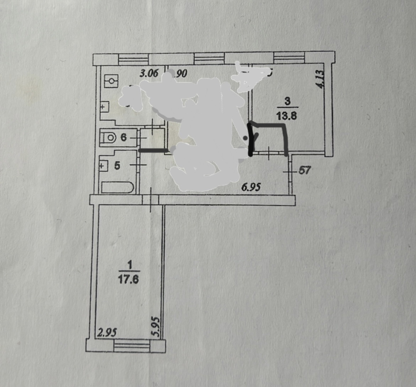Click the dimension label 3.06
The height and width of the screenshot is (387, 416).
pos(148,74)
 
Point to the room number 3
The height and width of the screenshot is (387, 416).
pos(288,101)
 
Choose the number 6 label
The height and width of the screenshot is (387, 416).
pos(123,137)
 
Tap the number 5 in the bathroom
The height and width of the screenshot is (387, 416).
pos(118,165)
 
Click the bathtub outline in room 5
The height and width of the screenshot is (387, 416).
pos(118,187)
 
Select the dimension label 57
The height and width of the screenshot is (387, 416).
pos(304,170)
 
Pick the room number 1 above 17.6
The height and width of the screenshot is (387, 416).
pos(129,265)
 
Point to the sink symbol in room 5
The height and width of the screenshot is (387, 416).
pos(103,165)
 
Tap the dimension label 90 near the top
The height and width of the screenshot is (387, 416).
pos(182,74)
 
